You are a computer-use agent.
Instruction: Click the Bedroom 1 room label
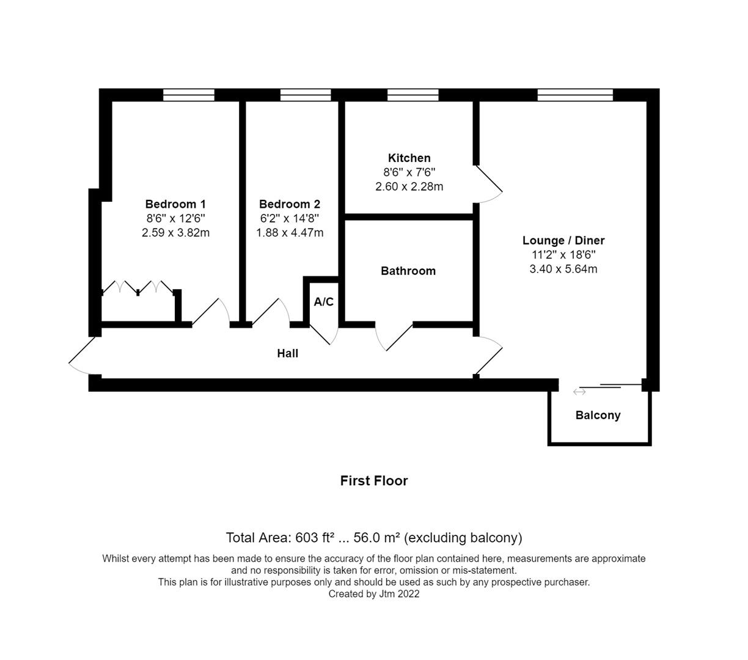tap(175, 204)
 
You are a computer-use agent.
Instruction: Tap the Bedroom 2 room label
tap(289, 204)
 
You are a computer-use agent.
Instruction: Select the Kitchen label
tap(409, 158)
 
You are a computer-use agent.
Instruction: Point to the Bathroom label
tap(408, 271)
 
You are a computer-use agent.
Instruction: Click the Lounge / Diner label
tap(563, 240)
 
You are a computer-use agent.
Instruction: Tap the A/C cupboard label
tap(324, 302)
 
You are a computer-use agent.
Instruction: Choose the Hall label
tap(288, 353)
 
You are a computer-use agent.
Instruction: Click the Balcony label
tap(598, 416)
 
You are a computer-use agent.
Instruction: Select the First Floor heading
tap(374, 481)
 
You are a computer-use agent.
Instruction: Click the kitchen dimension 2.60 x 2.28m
tap(409, 186)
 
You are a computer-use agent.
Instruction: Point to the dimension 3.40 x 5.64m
tap(563, 269)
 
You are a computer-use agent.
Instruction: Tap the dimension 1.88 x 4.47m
tap(290, 233)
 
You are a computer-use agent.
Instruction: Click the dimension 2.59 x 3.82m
tap(175, 233)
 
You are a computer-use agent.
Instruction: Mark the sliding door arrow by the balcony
tap(579, 392)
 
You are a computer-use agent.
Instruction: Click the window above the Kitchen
tap(413, 95)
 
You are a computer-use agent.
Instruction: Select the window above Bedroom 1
tap(189, 95)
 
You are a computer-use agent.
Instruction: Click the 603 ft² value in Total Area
tap(315, 538)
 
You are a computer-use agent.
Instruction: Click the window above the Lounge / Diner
tap(575, 95)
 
